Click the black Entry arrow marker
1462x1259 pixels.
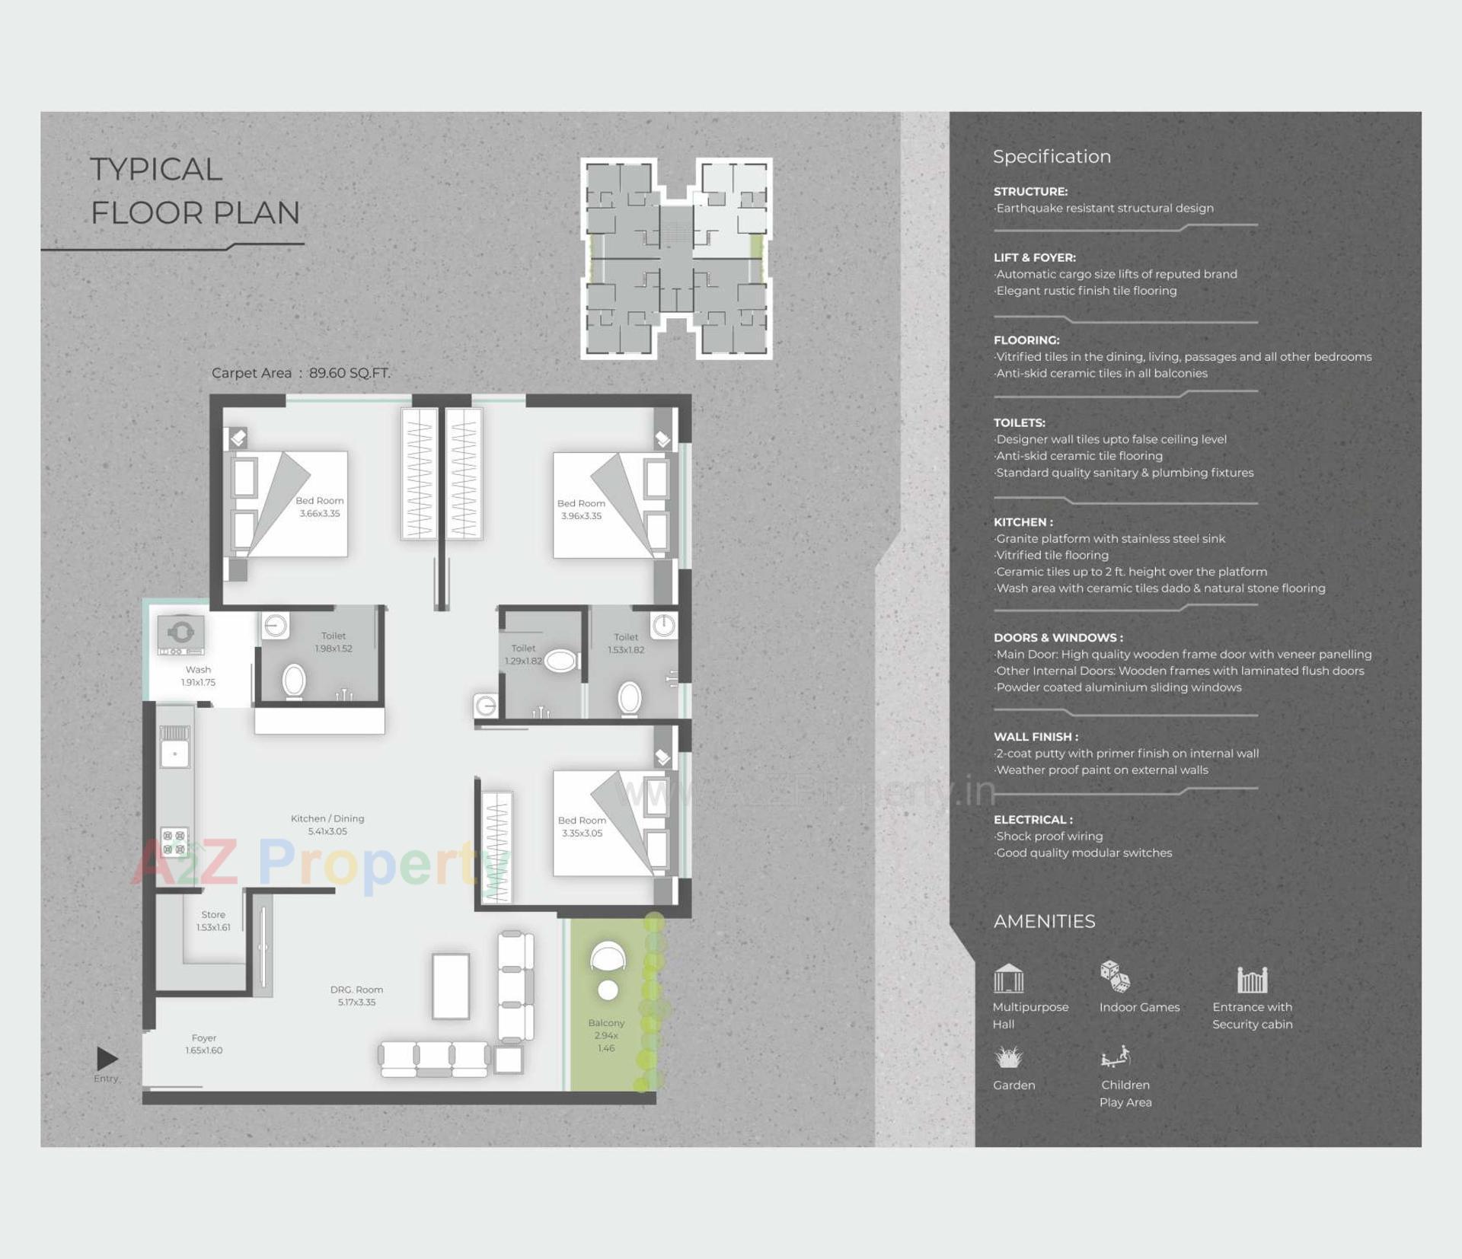[107, 1058]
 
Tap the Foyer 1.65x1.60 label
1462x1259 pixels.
[204, 1044]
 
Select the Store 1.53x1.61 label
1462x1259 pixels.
[213, 920]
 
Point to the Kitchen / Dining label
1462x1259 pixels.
[327, 819]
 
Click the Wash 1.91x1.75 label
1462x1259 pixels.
[198, 676]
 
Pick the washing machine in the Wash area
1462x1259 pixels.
[180, 634]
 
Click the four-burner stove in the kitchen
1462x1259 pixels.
[174, 841]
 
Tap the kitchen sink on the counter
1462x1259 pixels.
[174, 754]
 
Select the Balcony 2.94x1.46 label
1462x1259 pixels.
[606, 1035]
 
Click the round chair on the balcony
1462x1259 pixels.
[608, 957]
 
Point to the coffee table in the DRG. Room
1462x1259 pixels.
[451, 986]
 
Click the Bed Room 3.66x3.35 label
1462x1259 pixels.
[320, 507]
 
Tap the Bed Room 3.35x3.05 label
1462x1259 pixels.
[582, 827]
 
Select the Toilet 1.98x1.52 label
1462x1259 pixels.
[334, 642]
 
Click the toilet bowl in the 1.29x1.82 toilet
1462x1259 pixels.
[560, 661]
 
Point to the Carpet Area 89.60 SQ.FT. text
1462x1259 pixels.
[301, 373]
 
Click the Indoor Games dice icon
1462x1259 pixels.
[1115, 976]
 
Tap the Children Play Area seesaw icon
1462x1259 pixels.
[1116, 1057]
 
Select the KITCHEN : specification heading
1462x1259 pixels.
[1023, 522]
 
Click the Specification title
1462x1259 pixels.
[1052, 157]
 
